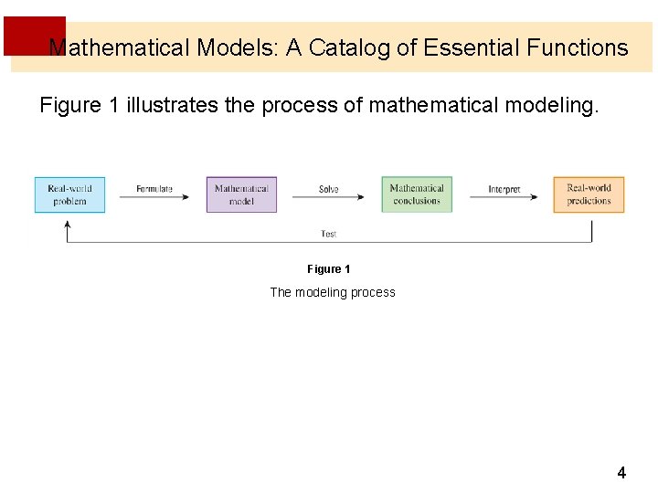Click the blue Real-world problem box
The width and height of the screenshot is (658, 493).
pyautogui.click(x=69, y=194)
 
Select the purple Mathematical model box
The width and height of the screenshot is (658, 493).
pyautogui.click(x=241, y=194)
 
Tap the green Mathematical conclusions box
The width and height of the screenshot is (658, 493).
pyautogui.click(x=417, y=194)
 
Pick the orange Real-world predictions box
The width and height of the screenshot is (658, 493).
pyautogui.click(x=589, y=194)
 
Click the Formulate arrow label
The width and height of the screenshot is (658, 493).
pyautogui.click(x=154, y=189)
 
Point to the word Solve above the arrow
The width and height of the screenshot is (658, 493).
pyautogui.click(x=329, y=189)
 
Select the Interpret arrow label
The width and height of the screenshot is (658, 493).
pyautogui.click(x=504, y=189)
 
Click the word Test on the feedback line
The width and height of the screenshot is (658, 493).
pyautogui.click(x=329, y=235)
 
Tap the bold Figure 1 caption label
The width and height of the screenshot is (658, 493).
pyautogui.click(x=329, y=269)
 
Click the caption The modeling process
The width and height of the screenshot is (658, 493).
pyautogui.click(x=333, y=292)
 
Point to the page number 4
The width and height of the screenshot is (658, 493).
pyautogui.click(x=621, y=473)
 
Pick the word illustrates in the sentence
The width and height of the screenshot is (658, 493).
pyautogui.click(x=174, y=105)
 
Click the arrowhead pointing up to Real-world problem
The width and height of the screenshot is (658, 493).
pyautogui.click(x=68, y=226)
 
